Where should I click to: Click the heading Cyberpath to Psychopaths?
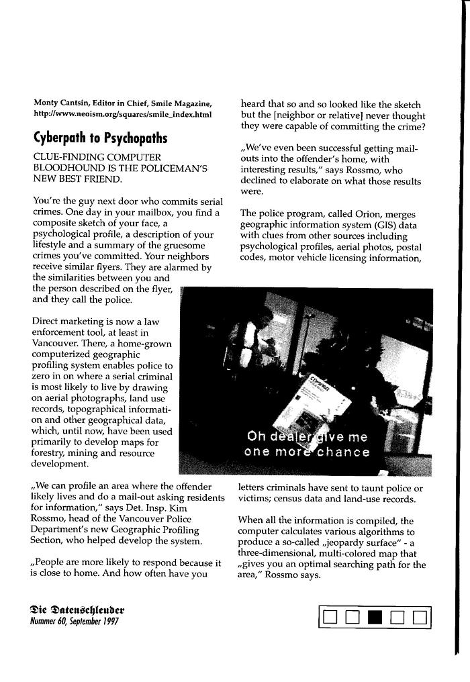100,138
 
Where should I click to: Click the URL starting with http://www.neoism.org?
122,114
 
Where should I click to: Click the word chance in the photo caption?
343,452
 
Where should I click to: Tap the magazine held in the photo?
324,409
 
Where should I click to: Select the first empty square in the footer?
330,618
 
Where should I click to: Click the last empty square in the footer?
420,618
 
